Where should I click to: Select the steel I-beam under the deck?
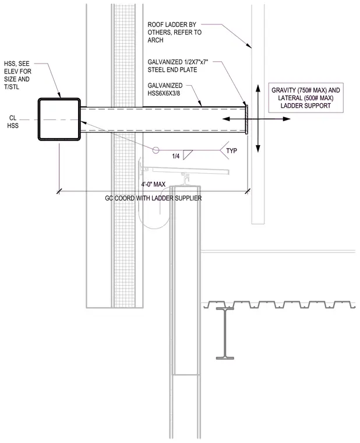click(225, 333)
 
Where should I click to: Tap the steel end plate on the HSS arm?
click(247, 119)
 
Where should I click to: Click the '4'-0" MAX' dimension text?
click(153, 185)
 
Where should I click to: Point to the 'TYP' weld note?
click(231, 151)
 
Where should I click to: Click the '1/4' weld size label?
click(175, 156)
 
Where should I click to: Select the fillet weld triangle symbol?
click(188, 155)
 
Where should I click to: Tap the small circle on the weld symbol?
click(156, 150)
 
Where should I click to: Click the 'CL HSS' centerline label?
click(13, 122)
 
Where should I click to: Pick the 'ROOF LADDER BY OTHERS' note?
click(175, 33)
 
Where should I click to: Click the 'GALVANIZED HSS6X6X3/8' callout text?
click(165, 89)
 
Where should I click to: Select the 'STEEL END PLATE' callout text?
click(178, 66)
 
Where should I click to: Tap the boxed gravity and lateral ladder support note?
click(306, 98)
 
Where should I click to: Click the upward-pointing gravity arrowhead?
click(258, 87)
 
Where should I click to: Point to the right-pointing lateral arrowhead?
click(287, 119)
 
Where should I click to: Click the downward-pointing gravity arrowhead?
click(258, 149)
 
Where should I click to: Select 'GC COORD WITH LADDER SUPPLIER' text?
click(153, 198)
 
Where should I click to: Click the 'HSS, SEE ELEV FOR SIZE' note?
click(17, 75)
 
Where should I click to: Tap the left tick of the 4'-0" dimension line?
click(59, 192)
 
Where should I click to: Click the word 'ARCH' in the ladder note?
click(156, 40)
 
